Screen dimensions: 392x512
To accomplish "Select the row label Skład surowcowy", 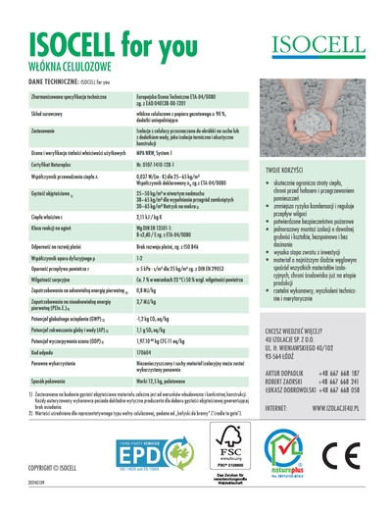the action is click(x=50, y=113).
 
